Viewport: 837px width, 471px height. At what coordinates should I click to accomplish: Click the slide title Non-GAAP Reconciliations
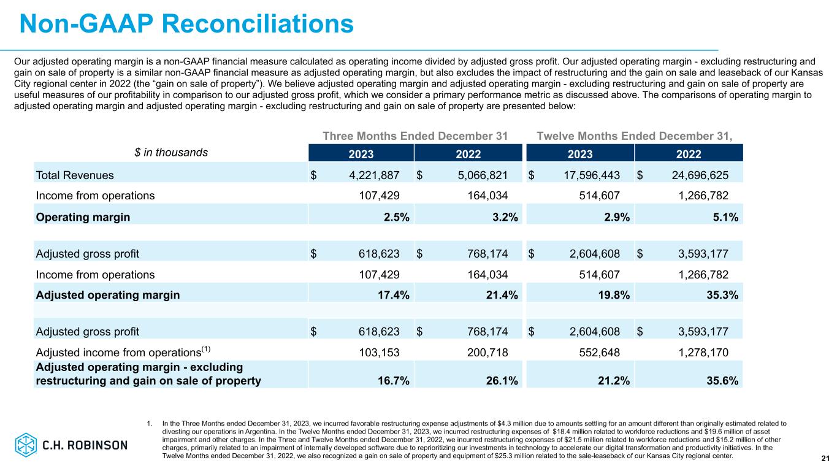click(186, 24)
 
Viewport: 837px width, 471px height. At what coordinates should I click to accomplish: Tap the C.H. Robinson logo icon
click(26, 445)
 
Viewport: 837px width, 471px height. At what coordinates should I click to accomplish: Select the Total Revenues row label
click(75, 175)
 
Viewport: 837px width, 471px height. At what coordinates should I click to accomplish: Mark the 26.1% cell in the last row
click(503, 381)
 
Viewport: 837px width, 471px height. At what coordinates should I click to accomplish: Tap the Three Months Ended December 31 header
click(415, 136)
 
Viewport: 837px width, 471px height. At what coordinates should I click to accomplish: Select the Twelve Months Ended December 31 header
click(640, 136)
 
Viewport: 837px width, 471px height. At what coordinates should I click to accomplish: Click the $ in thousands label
click(171, 152)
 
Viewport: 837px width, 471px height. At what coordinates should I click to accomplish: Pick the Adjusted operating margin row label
click(108, 295)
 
